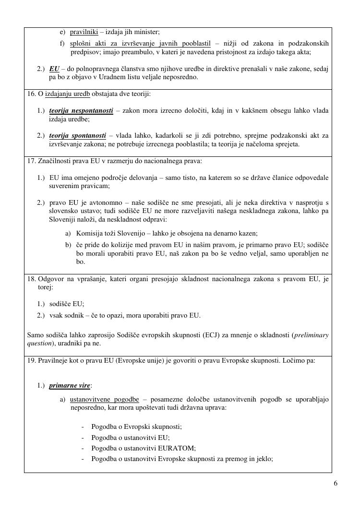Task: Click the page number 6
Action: pyautogui.click(x=336, y=483)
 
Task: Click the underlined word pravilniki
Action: pyautogui.click(x=84, y=32)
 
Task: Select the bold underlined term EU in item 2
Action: pyautogui.click(x=54, y=69)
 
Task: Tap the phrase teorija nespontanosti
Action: pyautogui.click(x=81, y=111)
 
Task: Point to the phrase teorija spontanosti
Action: pyautogui.click(x=78, y=136)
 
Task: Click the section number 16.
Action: pyautogui.click(x=31, y=94)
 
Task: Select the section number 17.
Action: pyautogui.click(x=31, y=161)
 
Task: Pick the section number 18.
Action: pyautogui.click(x=31, y=279)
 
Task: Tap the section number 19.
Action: pyautogui.click(x=31, y=360)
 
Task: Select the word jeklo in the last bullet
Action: pyautogui.click(x=263, y=459)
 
